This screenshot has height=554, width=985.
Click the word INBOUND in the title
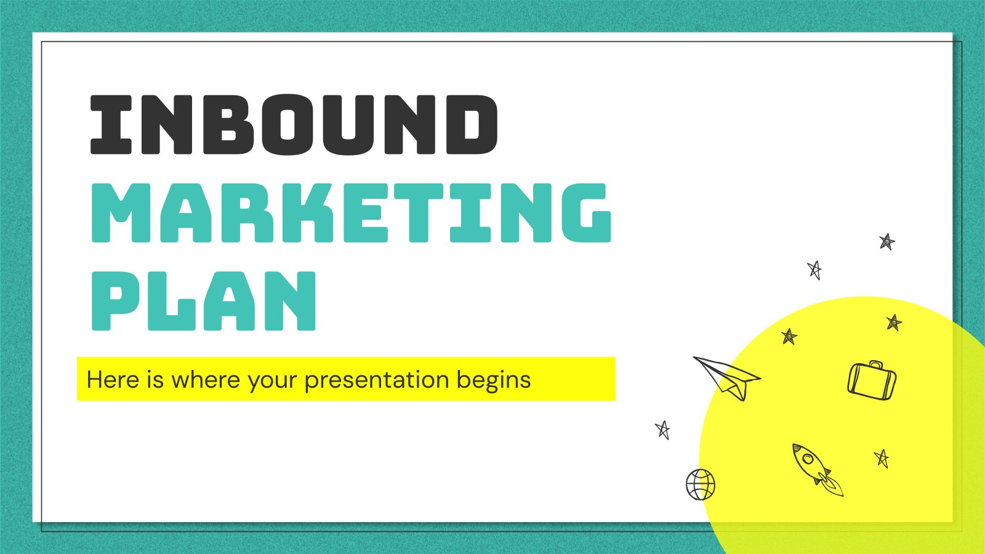[294, 124]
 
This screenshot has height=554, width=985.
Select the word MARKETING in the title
[351, 213]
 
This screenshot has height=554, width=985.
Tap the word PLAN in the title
[204, 301]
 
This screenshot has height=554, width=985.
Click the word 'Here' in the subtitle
[113, 379]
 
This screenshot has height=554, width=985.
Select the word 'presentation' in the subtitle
[377, 381]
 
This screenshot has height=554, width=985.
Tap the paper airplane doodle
[728, 378]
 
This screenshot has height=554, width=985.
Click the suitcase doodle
[872, 381]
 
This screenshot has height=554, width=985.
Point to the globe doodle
[701, 484]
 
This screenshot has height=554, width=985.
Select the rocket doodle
[817, 470]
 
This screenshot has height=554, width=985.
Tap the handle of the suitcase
[875, 364]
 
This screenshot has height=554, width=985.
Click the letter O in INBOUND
[286, 125]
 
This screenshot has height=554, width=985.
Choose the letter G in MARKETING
[587, 213]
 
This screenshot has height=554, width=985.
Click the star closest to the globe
[662, 430]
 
